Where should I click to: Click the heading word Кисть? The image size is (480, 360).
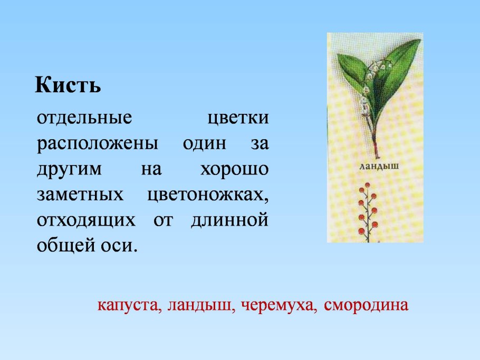68,84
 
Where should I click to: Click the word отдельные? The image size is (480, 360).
84,118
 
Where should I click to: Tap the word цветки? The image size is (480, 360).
238,118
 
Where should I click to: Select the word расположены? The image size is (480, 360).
98,143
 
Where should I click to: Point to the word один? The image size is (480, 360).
204,143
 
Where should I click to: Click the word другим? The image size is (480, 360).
69,169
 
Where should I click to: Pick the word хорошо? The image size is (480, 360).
235,169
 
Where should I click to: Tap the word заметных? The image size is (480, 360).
80,194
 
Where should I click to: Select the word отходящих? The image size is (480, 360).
85,220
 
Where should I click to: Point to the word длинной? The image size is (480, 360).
229,220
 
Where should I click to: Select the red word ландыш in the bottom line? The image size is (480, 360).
201,305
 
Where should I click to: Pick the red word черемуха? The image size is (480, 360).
279,305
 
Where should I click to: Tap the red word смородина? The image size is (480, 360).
366,305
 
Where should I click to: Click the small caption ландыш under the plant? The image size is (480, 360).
379,166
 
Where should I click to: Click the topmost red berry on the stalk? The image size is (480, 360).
367,185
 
